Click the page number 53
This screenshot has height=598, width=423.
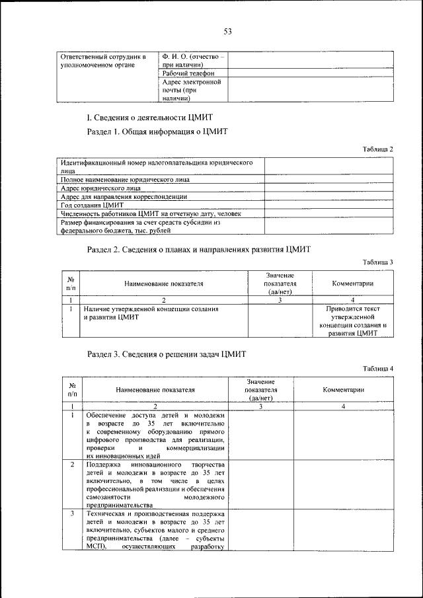(227, 31)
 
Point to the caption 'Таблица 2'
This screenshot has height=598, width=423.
(378, 149)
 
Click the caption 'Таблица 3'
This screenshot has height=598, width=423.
(378, 262)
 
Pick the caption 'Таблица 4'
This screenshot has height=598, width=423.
(378, 368)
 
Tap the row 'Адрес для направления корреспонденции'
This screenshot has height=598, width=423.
(124, 197)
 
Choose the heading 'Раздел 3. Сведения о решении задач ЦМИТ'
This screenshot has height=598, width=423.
(167, 354)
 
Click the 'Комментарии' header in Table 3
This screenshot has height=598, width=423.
(352, 283)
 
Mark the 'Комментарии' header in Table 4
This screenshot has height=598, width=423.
(344, 390)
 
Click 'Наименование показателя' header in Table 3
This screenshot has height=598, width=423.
(164, 283)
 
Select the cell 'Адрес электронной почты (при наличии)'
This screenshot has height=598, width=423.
(191, 90)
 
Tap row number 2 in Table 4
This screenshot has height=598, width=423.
(71, 465)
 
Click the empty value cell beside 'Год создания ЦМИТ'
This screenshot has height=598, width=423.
(329, 206)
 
